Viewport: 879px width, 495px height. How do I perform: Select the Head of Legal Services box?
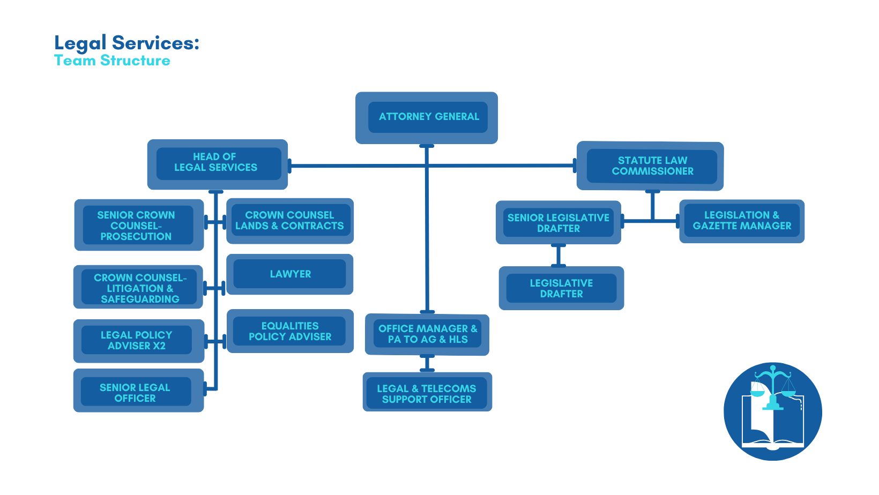(218, 163)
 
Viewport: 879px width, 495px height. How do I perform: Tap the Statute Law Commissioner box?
(651, 166)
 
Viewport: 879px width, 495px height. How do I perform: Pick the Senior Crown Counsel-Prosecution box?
(138, 226)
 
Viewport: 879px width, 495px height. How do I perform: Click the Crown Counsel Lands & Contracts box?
(290, 221)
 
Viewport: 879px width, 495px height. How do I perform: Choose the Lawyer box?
(290, 274)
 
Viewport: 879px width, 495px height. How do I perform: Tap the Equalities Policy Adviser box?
(290, 331)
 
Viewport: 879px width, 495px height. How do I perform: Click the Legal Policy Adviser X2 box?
(138, 341)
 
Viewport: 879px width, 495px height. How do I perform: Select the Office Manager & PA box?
(427, 334)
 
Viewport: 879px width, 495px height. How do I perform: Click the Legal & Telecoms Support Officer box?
(427, 393)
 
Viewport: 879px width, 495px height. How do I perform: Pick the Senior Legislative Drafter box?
(558, 223)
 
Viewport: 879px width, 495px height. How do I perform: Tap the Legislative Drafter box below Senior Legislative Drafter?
(561, 288)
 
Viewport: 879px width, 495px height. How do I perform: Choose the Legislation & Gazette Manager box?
(742, 221)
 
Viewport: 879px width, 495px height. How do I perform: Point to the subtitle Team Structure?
(112, 61)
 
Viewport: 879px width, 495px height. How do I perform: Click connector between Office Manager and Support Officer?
(427, 364)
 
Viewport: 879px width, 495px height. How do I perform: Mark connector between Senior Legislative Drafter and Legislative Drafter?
(558, 255)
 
